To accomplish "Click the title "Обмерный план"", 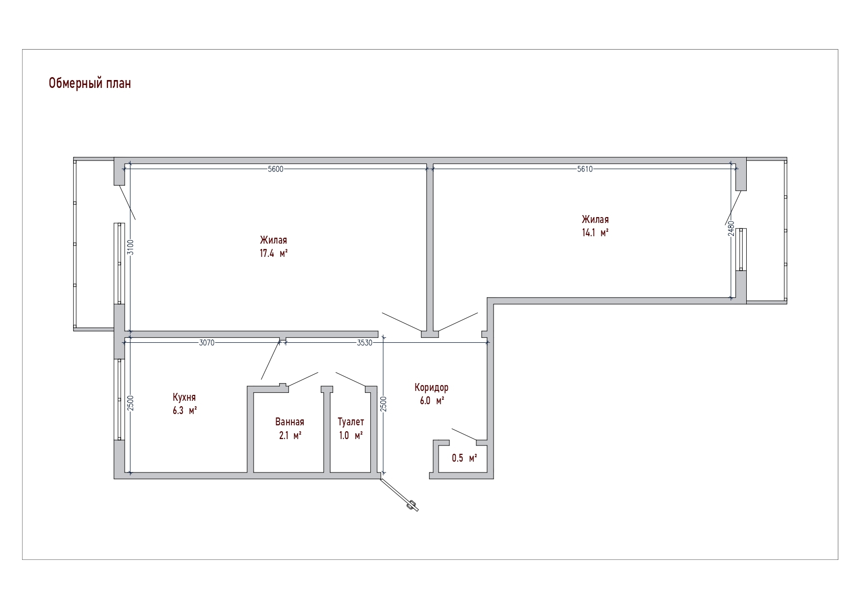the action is (x=90, y=84).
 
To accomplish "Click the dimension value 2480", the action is (x=731, y=229).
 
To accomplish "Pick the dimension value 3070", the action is (x=207, y=343).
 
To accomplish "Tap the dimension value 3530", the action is (x=365, y=343).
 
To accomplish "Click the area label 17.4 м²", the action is (x=273, y=254).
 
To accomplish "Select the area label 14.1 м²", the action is (x=595, y=233).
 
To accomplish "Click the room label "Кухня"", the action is (x=184, y=398).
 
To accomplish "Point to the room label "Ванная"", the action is (x=289, y=422).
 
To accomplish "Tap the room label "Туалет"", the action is (x=351, y=422).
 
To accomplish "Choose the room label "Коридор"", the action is (x=431, y=388).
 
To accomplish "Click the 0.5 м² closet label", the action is (x=465, y=459).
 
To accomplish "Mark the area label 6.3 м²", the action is (x=184, y=411).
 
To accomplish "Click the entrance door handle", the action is (x=411, y=505).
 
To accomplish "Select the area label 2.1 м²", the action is (x=289, y=436).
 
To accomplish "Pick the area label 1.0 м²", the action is (x=351, y=436).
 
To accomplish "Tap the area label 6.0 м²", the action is (x=432, y=401).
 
